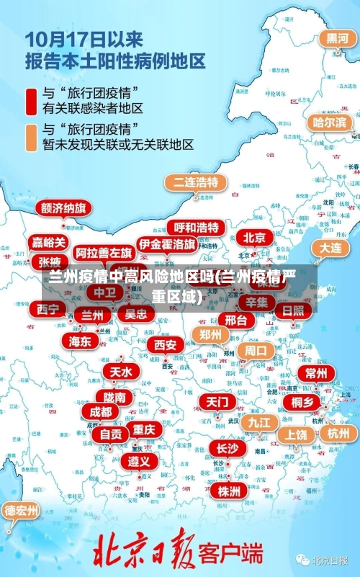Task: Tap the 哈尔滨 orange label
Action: pyautogui.click(x=330, y=122)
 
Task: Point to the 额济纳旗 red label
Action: pyautogui.click(x=64, y=208)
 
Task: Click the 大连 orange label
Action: pyautogui.click(x=330, y=246)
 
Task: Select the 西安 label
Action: pyautogui.click(x=166, y=344)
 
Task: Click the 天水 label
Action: pyautogui.click(x=121, y=371)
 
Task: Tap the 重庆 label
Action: pyautogui.click(x=144, y=429)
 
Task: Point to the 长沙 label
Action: pyautogui.click(x=227, y=448)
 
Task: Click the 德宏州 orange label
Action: pyautogui.click(x=22, y=510)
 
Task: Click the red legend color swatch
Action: pyautogui.click(x=32, y=100)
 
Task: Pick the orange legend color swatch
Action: pyautogui.click(x=32, y=137)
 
